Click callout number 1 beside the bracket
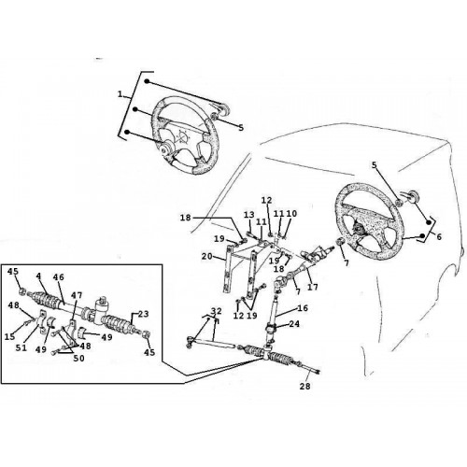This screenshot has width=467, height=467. (x=120, y=94)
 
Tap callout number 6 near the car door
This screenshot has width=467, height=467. (x=439, y=237)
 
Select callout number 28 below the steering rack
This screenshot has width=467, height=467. (x=305, y=386)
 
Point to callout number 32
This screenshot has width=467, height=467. (x=217, y=311)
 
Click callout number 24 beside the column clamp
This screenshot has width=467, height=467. (x=294, y=324)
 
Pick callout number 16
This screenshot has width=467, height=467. (x=303, y=308)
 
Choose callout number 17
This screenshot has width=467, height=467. (x=313, y=287)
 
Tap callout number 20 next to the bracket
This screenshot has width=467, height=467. (x=207, y=257)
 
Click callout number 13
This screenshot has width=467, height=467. (x=249, y=215)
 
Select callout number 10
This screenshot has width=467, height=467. (x=291, y=214)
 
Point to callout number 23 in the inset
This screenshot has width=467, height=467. (x=143, y=314)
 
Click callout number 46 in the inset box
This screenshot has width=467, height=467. (x=59, y=277)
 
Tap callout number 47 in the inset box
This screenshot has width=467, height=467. (x=77, y=294)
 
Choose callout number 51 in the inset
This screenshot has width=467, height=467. (x=21, y=347)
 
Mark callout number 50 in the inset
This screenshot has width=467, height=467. (x=78, y=359)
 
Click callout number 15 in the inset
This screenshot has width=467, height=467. (x=10, y=336)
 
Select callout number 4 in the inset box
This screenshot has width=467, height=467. (x=38, y=276)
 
